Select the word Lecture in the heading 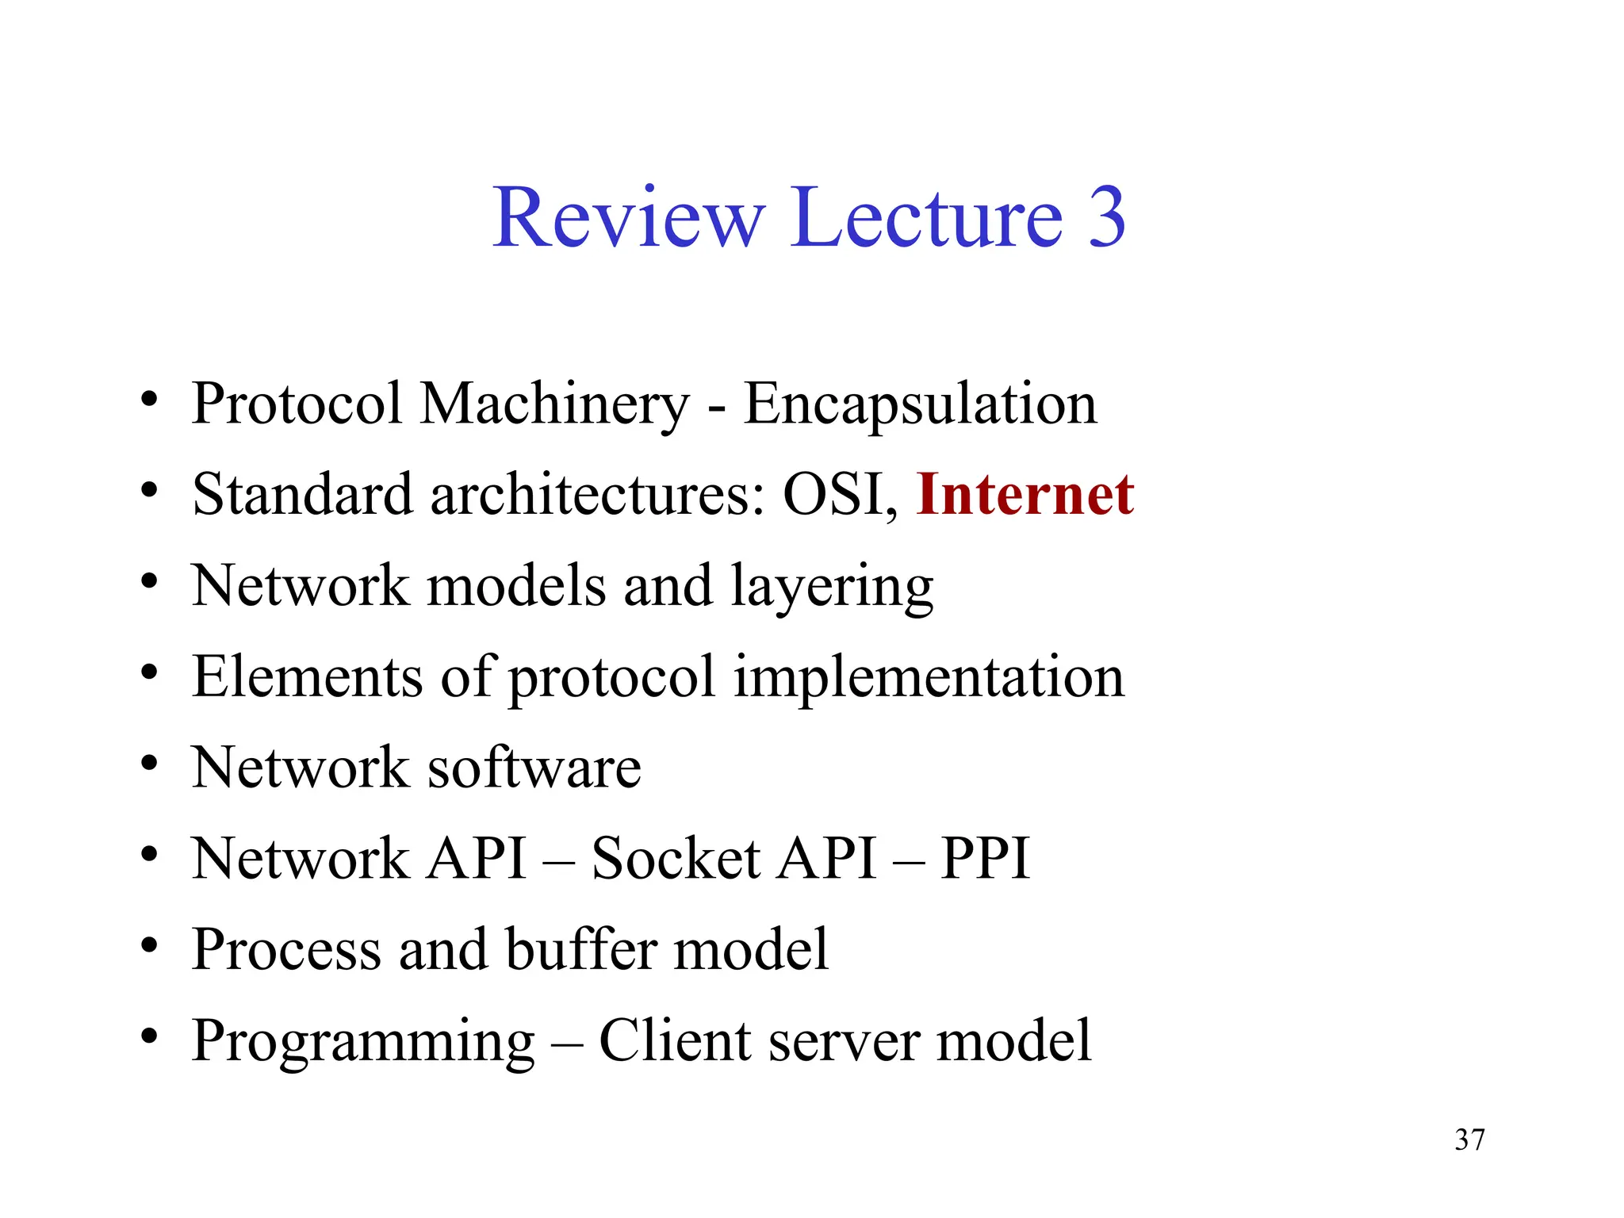point(926,217)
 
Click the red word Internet point(1025,495)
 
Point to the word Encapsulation point(920,404)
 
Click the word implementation point(929,679)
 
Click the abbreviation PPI point(985,859)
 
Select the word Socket point(676,859)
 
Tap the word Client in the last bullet point(674,1040)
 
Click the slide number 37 point(1469,1139)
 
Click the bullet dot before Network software point(148,764)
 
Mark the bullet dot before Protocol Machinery point(148,400)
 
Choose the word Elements point(307,677)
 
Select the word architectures point(598,495)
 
